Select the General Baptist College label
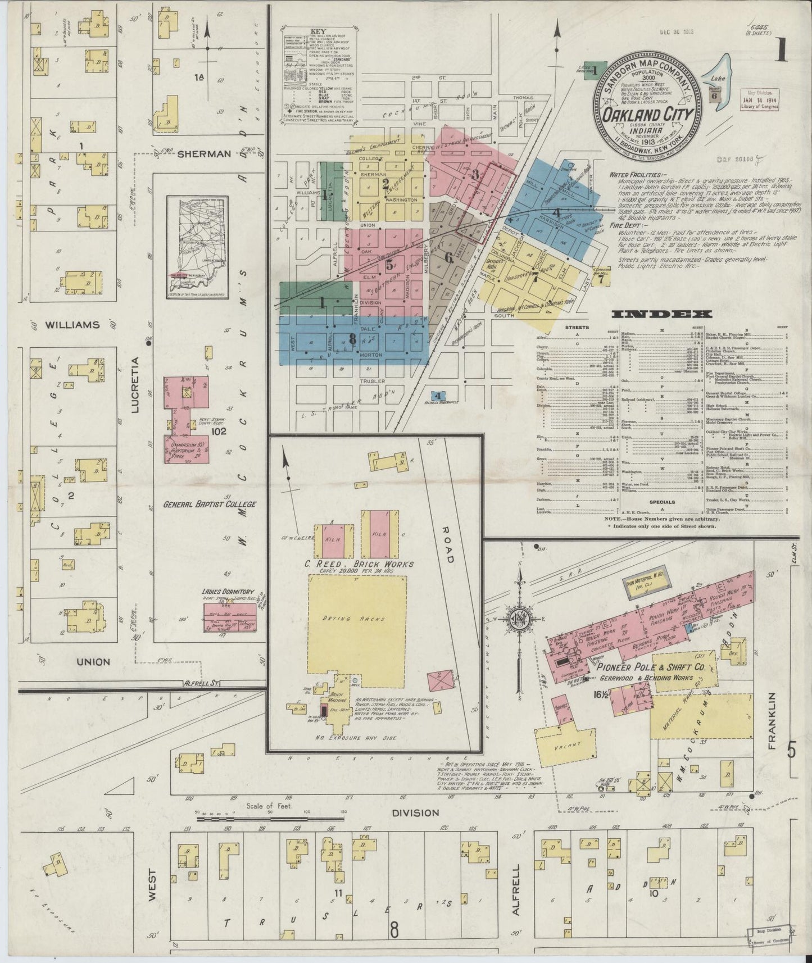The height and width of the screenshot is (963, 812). pos(209,504)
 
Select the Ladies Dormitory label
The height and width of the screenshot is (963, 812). pos(229,592)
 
